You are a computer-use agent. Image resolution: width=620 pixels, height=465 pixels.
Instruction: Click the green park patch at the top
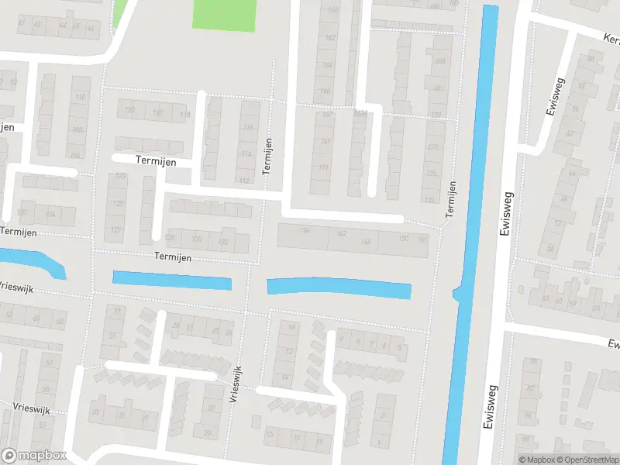coord(223,15)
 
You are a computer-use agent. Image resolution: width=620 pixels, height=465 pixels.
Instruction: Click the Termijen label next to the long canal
coord(450,198)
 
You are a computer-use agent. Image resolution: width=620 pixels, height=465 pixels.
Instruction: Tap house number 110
coord(80,98)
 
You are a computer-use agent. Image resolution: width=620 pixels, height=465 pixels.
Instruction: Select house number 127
coord(116,230)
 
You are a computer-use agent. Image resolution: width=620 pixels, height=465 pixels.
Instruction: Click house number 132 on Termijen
coord(224,242)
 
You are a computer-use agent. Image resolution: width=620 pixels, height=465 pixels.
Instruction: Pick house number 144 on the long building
coord(367,242)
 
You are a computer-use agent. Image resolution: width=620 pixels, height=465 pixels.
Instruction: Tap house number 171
coord(324,167)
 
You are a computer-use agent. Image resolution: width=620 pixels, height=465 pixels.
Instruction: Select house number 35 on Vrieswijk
coord(121,415)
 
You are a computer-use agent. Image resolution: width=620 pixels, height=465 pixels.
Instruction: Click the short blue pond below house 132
coord(172,279)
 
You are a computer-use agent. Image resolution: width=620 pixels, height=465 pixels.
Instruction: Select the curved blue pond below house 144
coord(339,288)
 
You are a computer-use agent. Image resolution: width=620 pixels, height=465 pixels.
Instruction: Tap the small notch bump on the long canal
coord(456,293)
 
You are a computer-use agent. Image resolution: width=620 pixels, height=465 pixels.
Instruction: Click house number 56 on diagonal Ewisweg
coord(575,109)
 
